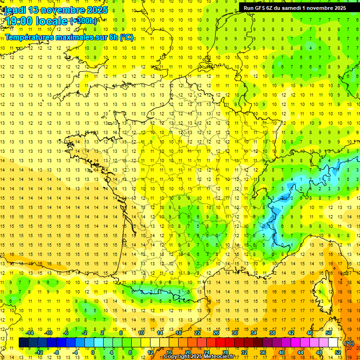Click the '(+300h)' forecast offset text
(x=83, y=21)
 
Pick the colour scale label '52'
(x=338, y=352)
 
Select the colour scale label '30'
(x=235, y=333)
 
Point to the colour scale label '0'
(x=93, y=352)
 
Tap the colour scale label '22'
(x=197, y=333)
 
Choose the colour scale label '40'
(x=282, y=352)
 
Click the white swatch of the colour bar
(x=333, y=342)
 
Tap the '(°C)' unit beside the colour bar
(x=349, y=343)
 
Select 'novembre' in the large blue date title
(x=63, y=9)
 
